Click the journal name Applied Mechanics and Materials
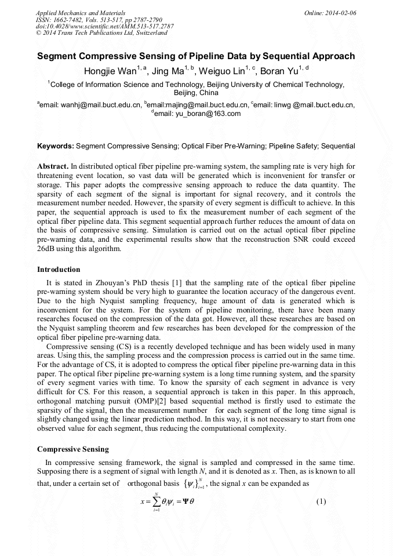pos(81,12)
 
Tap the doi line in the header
pos(104,26)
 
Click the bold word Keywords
pos(55,146)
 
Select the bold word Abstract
pos(53,166)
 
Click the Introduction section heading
pos(59,270)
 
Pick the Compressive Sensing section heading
pos(72,449)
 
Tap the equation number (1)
pos(323,502)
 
